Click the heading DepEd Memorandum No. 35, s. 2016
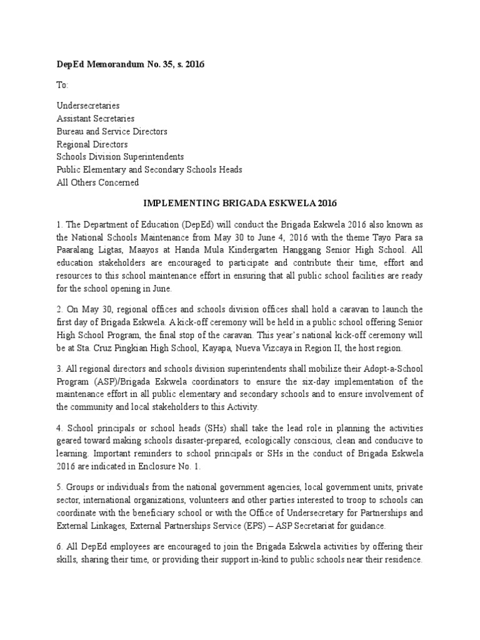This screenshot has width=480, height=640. pyautogui.click(x=131, y=64)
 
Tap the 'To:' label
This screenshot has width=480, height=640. pyautogui.click(x=62, y=84)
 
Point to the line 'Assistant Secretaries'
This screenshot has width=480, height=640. pyautogui.click(x=95, y=119)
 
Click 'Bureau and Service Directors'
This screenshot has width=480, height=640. pyautogui.click(x=112, y=131)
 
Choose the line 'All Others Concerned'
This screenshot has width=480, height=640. pyautogui.click(x=97, y=182)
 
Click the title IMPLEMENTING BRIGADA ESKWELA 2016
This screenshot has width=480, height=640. pyautogui.click(x=239, y=204)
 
